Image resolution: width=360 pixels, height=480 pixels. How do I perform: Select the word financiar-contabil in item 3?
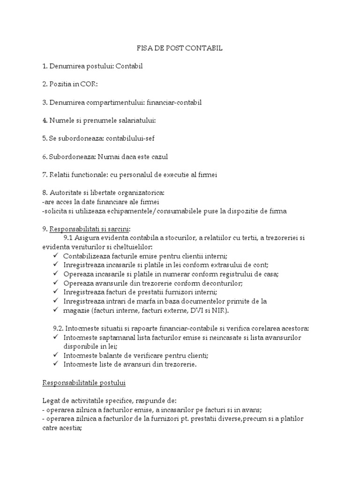(x=175, y=103)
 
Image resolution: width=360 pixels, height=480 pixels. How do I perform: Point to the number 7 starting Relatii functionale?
(x=45, y=175)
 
